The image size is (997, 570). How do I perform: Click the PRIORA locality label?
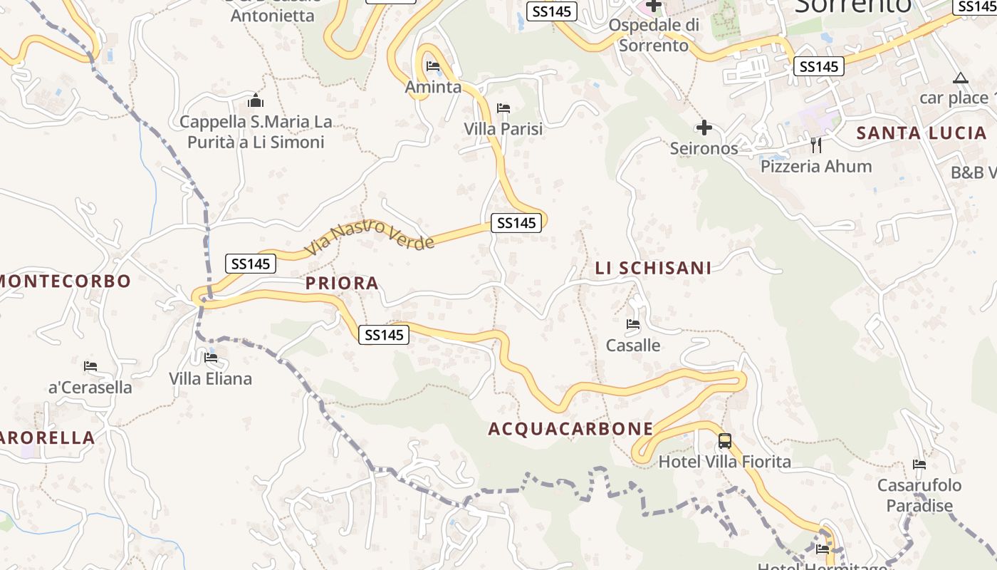[342, 284]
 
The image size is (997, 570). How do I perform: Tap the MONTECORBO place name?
[65, 281]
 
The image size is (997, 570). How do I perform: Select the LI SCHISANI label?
[653, 268]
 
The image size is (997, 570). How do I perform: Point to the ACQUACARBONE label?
[570, 428]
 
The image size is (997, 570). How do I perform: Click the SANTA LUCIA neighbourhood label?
[921, 133]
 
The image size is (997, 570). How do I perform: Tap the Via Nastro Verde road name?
[370, 237]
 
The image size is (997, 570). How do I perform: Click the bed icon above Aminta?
[432, 66]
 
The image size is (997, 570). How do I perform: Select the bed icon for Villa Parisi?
[503, 108]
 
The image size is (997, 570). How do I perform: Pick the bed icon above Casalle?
[632, 325]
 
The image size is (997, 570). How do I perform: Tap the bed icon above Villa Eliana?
[210, 358]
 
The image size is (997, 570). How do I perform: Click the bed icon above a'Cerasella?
[90, 366]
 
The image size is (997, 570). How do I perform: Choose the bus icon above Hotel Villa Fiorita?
[724, 441]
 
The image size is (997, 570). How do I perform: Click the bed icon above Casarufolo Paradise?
[919, 465]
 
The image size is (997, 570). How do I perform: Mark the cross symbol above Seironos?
[704, 128]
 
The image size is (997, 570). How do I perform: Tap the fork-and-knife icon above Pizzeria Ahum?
[816, 145]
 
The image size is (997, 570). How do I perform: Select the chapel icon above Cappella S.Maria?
[256, 100]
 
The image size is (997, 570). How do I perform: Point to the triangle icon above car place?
[961, 78]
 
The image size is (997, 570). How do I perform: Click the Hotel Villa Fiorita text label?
[724, 462]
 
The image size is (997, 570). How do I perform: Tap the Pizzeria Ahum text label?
[816, 167]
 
